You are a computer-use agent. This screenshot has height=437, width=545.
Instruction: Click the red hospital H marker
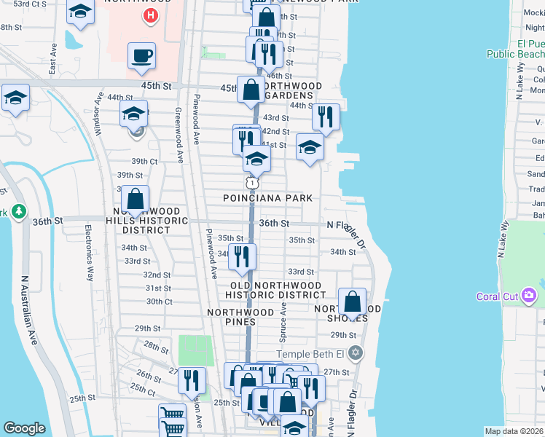pyautogui.click(x=151, y=15)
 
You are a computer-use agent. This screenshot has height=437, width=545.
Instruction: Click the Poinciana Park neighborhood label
pyautogui.click(x=268, y=198)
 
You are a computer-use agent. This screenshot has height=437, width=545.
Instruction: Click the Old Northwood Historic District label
pyautogui.click(x=275, y=290)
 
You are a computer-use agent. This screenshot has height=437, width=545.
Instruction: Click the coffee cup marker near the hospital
pyautogui.click(x=141, y=55)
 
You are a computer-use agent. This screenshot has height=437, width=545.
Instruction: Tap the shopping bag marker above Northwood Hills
pyautogui.click(x=136, y=198)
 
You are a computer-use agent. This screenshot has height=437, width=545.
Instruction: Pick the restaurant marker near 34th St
pyautogui.click(x=242, y=256)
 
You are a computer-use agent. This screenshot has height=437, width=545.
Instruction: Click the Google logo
pyautogui.click(x=24, y=428)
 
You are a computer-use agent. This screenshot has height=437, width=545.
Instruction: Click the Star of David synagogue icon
pyautogui.click(x=356, y=354)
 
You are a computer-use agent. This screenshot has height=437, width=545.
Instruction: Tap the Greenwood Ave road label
pyautogui.click(x=179, y=135)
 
